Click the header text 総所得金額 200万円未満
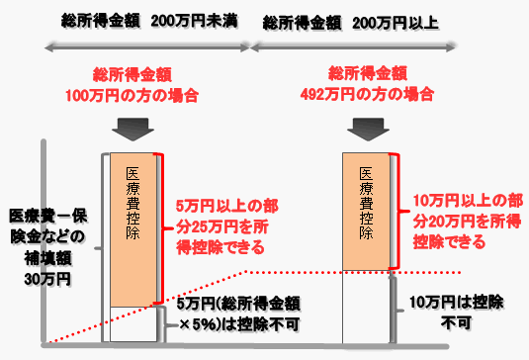coord(146,21)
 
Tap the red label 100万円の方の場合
coord(145,96)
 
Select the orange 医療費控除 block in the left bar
coord(133,227)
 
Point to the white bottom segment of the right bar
coord(368,307)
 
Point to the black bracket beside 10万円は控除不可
coord(397,307)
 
